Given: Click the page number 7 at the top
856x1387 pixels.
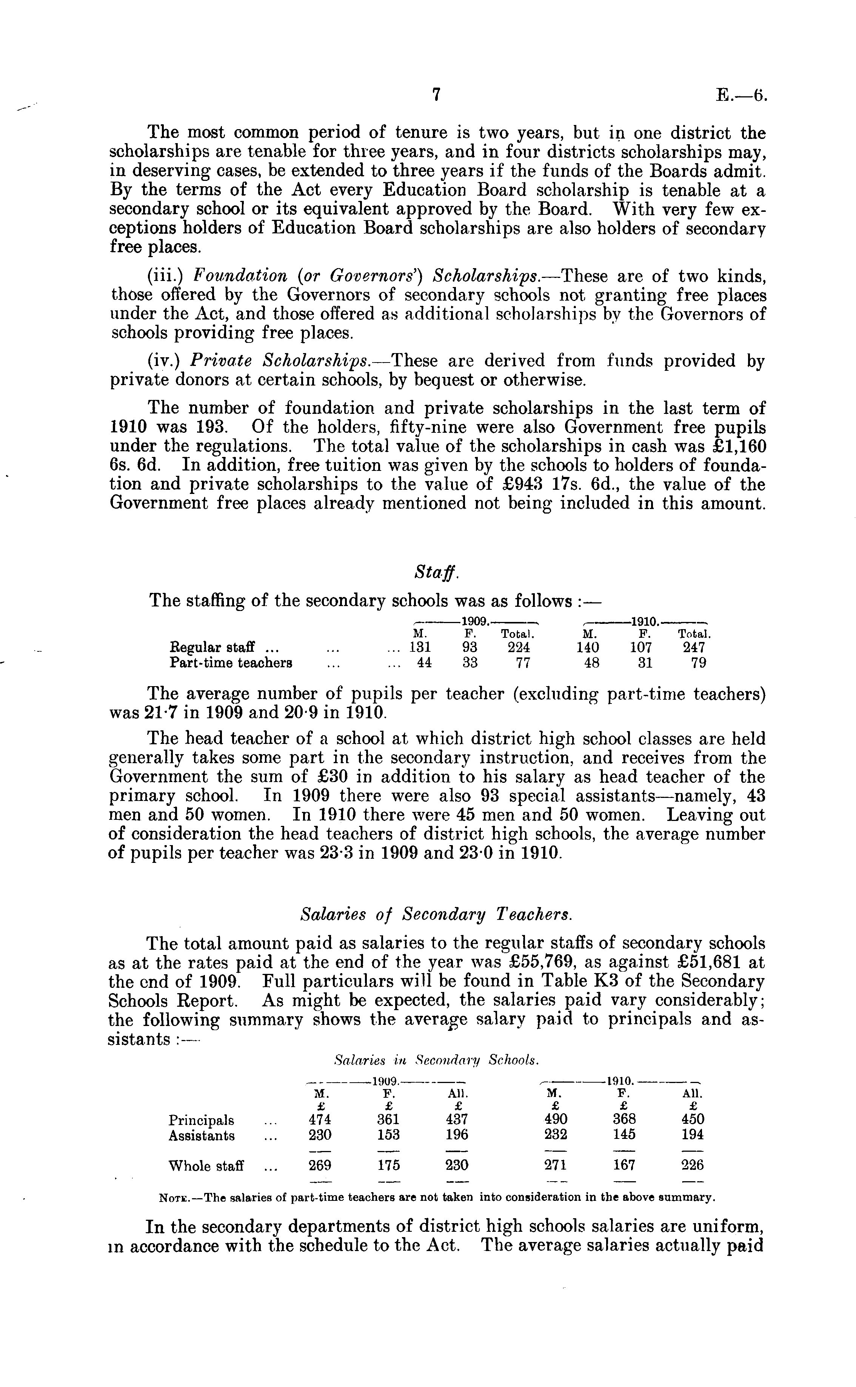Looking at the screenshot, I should tap(436, 95).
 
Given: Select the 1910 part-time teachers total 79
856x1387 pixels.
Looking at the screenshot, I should tap(699, 663).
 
